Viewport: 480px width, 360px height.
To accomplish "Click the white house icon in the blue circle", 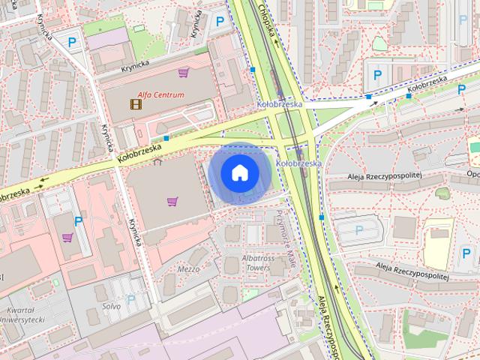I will pos(239,173).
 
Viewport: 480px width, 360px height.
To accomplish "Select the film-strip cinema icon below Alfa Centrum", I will pos(135,103).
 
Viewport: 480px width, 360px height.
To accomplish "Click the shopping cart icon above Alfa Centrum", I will pos(183,73).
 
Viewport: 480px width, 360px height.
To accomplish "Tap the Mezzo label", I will pos(188,268).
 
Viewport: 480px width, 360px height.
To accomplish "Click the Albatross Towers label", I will pos(256,262).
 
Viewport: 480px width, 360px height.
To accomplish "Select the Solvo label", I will pos(112,307).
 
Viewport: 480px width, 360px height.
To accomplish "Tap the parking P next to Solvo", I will pos(131,298).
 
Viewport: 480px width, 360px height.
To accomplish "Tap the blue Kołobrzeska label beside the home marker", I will pos(298,163).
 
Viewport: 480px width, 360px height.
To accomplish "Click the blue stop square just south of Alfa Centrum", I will pos(166,138).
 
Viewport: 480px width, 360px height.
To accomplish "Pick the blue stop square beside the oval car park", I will pos(321,217).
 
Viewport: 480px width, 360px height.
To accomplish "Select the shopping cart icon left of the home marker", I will pos(172,201).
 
